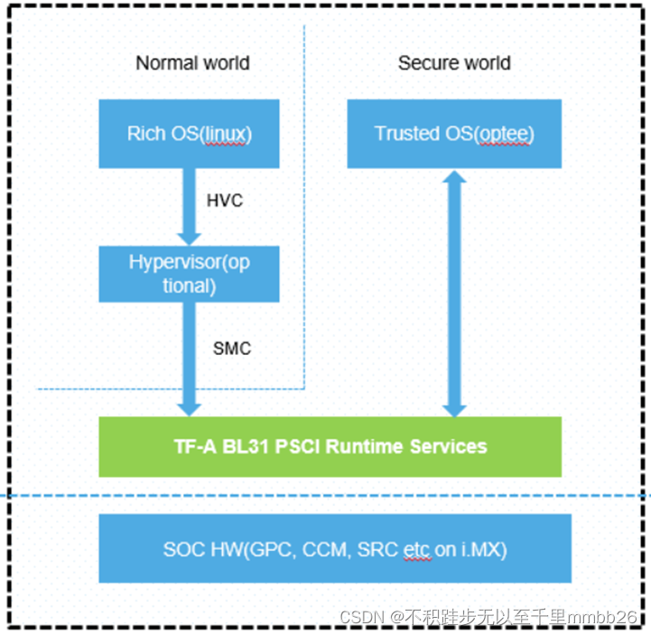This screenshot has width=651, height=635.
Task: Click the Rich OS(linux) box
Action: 189,134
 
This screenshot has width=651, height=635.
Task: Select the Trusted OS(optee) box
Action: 454,134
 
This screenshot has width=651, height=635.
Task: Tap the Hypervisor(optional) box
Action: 189,273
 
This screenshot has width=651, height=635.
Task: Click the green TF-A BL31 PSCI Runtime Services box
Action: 330,446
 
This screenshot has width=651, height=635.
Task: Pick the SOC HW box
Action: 335,548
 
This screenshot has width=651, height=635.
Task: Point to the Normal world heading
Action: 192,63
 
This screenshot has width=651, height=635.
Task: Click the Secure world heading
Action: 454,63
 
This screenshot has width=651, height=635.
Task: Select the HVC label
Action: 225,201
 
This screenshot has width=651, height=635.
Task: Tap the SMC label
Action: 232,348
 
